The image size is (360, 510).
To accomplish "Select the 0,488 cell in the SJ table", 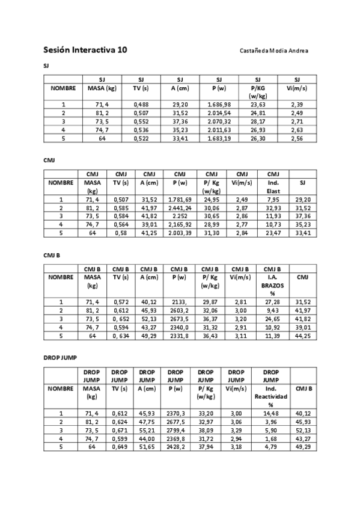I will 141,104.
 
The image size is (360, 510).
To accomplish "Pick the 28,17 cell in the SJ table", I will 258,121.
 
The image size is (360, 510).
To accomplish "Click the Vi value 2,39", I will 297,104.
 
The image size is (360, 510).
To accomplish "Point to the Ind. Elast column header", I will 273,186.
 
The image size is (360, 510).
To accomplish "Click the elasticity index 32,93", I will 273,207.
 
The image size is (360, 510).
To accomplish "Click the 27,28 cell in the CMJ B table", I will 273,302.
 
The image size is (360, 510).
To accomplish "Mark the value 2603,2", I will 180,310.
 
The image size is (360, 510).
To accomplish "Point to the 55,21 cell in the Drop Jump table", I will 147,430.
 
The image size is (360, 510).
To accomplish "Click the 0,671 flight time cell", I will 120,430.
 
